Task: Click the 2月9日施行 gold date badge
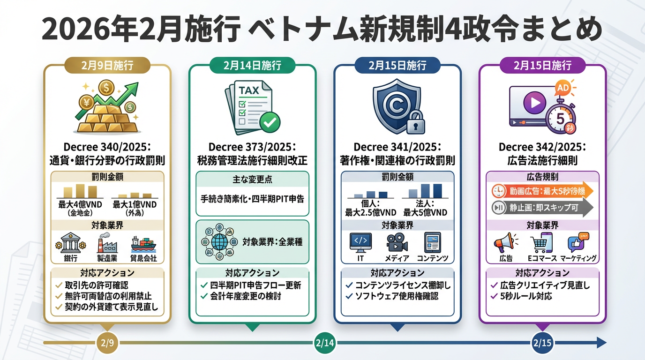click(x=107, y=65)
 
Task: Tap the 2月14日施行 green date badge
click(x=252, y=65)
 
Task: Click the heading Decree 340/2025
click(x=107, y=147)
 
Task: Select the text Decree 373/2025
click(x=252, y=147)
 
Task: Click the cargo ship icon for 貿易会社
click(x=143, y=244)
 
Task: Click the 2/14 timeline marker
click(x=325, y=343)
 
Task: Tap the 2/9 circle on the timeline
click(x=107, y=343)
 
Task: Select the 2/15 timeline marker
click(x=543, y=343)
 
